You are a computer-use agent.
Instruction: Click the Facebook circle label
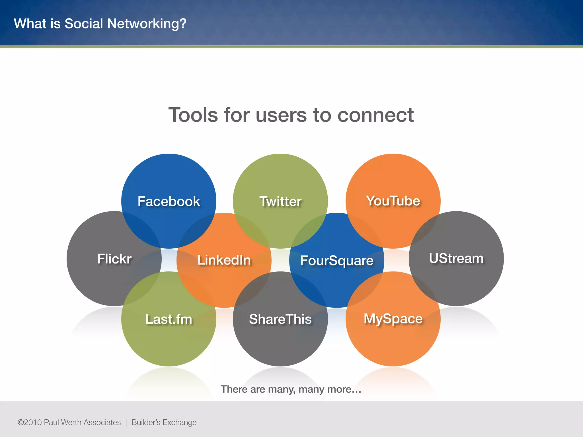(x=169, y=201)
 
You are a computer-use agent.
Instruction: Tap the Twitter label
(x=280, y=201)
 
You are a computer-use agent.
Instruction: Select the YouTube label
(x=393, y=201)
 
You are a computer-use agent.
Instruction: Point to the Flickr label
(x=114, y=259)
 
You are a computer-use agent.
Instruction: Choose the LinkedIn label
(x=224, y=260)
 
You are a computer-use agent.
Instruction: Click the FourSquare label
(x=337, y=261)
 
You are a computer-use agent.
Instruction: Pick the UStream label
(x=456, y=258)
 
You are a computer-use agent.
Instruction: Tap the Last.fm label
(x=169, y=319)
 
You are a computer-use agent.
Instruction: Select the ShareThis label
(x=280, y=319)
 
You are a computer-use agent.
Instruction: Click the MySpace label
(x=393, y=319)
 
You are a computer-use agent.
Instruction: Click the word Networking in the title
(x=147, y=24)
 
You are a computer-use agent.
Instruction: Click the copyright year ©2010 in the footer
(x=30, y=422)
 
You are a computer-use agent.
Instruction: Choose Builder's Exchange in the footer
(x=164, y=422)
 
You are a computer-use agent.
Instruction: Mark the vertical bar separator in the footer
(x=126, y=422)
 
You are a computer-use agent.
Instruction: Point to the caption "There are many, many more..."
(x=291, y=389)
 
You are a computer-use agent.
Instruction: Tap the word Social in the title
(x=84, y=24)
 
